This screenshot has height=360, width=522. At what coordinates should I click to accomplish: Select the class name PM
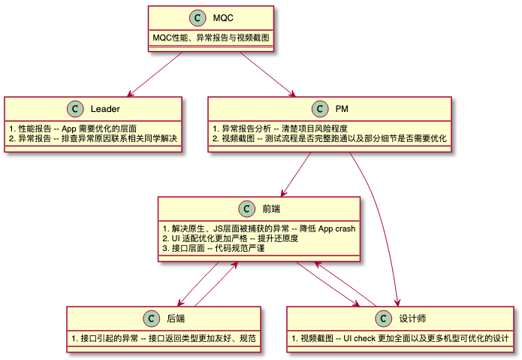pos(342,110)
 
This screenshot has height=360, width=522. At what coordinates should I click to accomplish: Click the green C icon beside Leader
pos(75,110)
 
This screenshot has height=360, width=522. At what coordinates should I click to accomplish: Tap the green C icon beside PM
pos(321,110)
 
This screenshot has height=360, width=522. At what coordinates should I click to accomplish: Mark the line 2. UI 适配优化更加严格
pos(230,238)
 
